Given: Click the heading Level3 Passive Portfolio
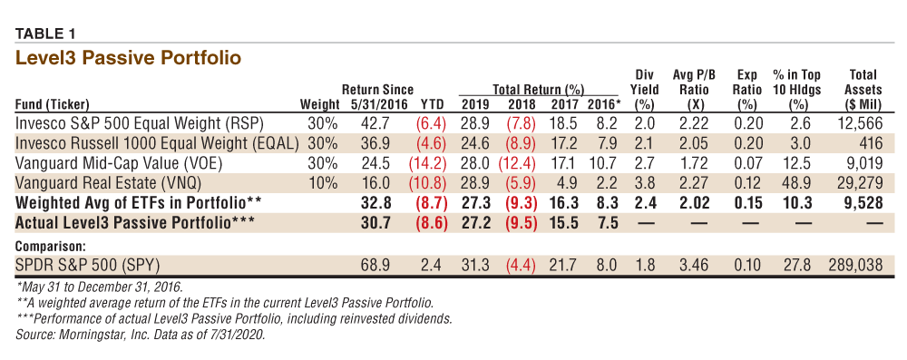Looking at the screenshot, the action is click(x=128, y=58).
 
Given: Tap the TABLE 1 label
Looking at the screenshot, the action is click(x=45, y=34).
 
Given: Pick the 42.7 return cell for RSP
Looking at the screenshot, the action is click(x=377, y=123).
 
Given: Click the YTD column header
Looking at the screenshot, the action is click(x=433, y=105).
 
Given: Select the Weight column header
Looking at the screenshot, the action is click(x=320, y=105).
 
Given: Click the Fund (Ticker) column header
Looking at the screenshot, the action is click(x=53, y=105).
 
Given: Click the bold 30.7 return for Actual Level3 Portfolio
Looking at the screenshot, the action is click(x=377, y=223).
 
